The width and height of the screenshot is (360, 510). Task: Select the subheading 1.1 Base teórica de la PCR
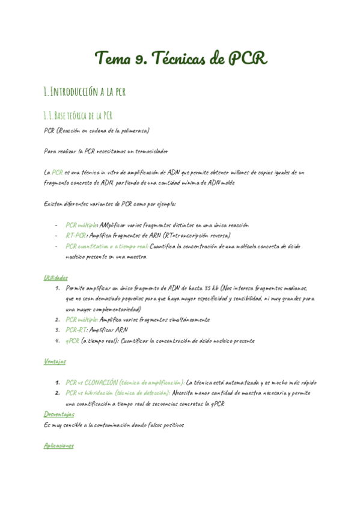78,115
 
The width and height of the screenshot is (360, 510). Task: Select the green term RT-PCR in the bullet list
76,235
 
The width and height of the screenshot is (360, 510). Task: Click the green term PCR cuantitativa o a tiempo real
106,246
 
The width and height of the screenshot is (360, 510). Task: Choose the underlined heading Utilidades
56,277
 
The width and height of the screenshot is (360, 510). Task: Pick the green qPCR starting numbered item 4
72,340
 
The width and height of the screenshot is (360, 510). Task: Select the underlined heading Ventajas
55,361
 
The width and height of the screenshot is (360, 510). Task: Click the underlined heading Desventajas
59,414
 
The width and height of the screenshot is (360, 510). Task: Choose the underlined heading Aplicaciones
59,446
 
